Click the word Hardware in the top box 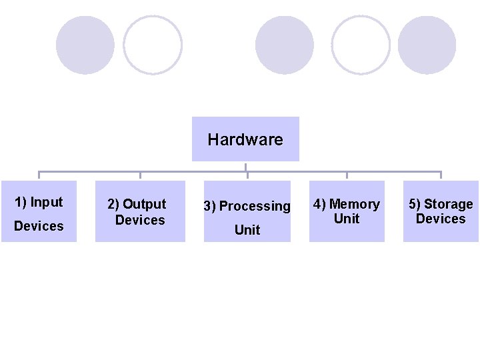245,140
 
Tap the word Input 47,202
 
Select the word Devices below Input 39,226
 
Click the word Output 145,204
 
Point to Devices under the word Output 140,220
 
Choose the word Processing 255,206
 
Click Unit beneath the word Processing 247,230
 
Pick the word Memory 355,204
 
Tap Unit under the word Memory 347,219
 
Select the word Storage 449,204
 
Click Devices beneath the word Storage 441,219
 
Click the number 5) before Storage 415,204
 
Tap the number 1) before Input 21,202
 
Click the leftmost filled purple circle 85,45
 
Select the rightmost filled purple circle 427,45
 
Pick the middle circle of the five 285,45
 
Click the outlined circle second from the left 153,45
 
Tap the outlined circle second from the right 361,45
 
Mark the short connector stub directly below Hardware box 246,167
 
